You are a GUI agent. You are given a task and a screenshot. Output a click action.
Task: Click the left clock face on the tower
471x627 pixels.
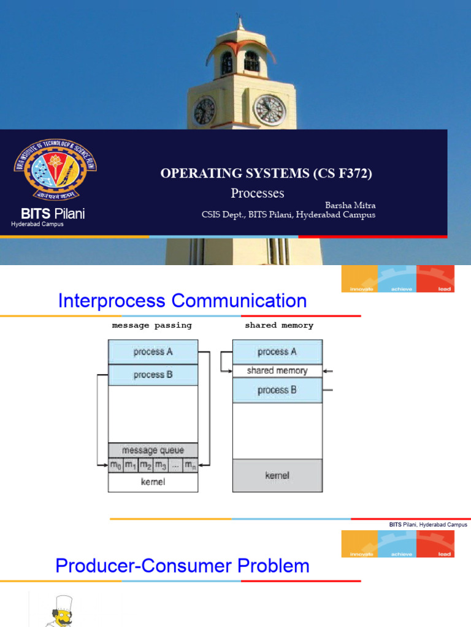click(204, 111)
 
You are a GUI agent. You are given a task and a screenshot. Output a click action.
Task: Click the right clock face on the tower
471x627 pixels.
click(269, 110)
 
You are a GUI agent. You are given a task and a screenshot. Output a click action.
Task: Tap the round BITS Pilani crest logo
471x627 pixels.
click(55, 169)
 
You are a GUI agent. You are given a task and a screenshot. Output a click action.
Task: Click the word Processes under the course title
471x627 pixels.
click(258, 193)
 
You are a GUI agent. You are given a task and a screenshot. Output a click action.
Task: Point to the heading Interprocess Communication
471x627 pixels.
click(182, 301)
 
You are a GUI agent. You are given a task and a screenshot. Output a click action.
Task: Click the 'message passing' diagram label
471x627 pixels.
click(152, 325)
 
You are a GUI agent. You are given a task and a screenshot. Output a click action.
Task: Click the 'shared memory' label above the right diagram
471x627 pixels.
click(279, 325)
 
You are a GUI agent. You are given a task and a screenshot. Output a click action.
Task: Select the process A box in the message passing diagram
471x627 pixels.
click(153, 352)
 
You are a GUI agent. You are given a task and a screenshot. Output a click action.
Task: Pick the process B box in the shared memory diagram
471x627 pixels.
click(277, 390)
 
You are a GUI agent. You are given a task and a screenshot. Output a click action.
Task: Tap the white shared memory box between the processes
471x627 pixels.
click(277, 370)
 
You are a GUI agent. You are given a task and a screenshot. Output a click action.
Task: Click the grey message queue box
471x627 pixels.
click(153, 450)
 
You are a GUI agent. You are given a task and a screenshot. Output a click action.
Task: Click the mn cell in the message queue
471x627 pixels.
click(190, 465)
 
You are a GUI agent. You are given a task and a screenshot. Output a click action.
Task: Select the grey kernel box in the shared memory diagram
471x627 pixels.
click(277, 475)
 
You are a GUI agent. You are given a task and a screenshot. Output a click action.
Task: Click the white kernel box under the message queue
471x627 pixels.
click(153, 482)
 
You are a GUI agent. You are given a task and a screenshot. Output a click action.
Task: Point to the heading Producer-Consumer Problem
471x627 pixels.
click(182, 566)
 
